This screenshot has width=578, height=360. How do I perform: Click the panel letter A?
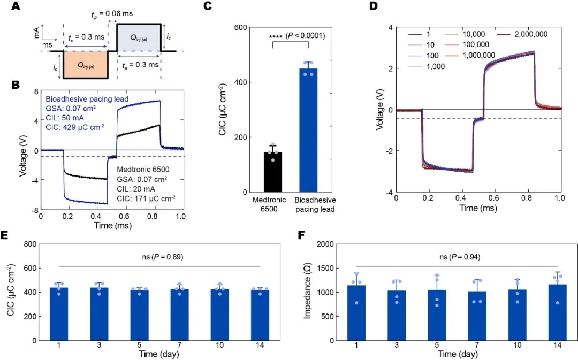point(15,7)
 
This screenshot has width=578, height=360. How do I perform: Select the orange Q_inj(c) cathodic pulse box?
point(86,65)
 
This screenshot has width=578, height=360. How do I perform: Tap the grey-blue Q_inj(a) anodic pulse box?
point(139,37)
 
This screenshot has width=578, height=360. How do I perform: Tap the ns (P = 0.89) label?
point(161,257)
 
